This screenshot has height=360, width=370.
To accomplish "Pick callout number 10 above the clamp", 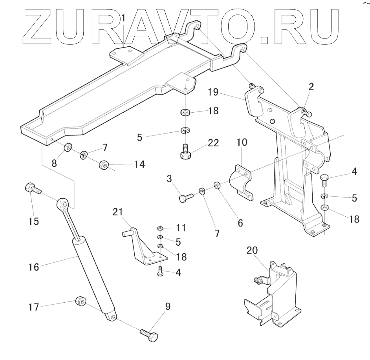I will coord(242,142).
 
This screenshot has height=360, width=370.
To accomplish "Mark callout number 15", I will coord(34,221).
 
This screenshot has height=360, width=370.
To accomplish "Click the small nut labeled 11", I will coord(160,228).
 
